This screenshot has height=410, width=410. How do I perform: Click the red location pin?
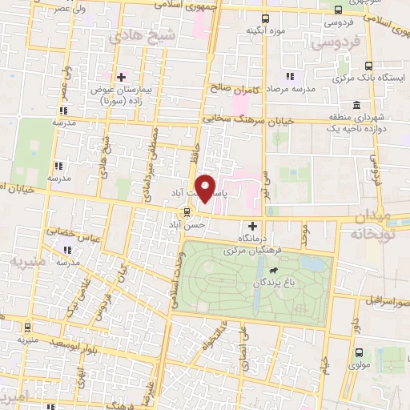click(207, 187)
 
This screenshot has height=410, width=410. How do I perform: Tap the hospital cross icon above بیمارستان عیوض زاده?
click(121, 77)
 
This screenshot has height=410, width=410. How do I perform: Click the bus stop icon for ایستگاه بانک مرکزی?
click(368, 66)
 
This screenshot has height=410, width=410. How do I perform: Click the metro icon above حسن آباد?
click(187, 212)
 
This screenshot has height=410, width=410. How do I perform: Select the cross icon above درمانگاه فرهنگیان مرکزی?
click(254, 226)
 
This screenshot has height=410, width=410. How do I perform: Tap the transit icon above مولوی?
click(358, 352)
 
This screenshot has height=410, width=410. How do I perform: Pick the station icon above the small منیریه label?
click(28, 327)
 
